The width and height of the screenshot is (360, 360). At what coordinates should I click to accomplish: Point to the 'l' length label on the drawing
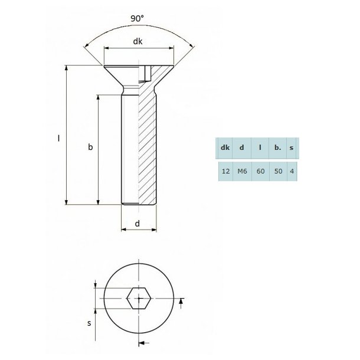point(58,138)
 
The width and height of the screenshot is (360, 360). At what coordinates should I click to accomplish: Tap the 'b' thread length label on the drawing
point(90,147)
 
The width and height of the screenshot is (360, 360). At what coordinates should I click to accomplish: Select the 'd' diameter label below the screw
point(138,223)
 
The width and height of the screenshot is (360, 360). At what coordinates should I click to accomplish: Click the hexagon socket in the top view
point(139,299)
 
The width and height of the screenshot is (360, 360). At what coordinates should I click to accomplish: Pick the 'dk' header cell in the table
point(225,148)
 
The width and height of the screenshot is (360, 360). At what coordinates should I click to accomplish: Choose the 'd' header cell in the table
point(241,148)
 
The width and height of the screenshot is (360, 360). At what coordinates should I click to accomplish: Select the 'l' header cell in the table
point(260,148)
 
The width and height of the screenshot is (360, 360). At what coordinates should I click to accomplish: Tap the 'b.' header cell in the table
point(277,148)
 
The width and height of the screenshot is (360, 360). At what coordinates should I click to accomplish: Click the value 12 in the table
point(225,171)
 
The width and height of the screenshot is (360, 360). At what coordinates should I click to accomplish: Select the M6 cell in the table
point(241,171)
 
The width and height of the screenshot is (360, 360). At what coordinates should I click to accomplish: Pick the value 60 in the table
point(260,171)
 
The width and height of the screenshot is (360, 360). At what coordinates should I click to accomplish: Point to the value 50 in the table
point(277,171)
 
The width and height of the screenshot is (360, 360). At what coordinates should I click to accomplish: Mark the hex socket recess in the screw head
point(145,74)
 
